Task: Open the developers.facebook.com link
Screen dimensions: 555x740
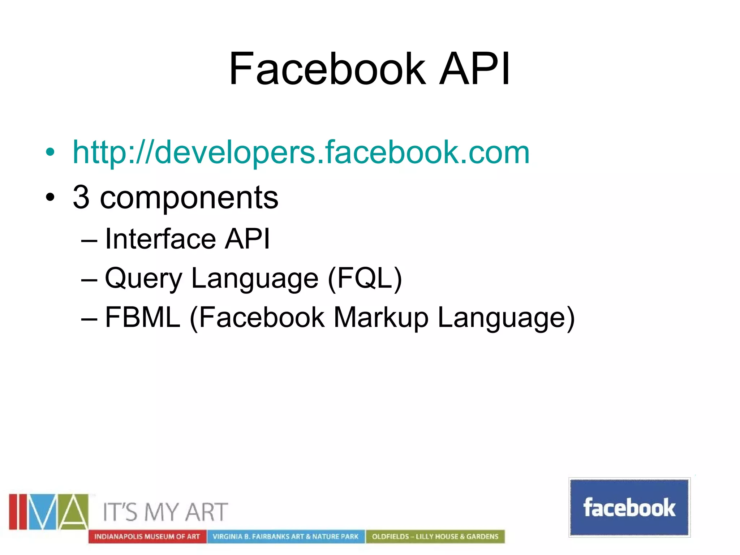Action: pos(301,152)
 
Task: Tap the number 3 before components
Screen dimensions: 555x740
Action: pos(81,197)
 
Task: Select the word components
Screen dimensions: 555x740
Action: pos(189,198)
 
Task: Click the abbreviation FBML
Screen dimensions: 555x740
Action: pos(142,317)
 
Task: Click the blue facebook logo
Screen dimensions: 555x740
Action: pos(629,507)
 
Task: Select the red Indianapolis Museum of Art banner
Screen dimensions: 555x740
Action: pos(147,537)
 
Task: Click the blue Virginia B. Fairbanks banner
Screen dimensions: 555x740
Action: pos(286,537)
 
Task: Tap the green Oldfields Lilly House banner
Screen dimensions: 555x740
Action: pos(435,537)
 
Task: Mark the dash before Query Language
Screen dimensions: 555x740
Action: pos(89,279)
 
